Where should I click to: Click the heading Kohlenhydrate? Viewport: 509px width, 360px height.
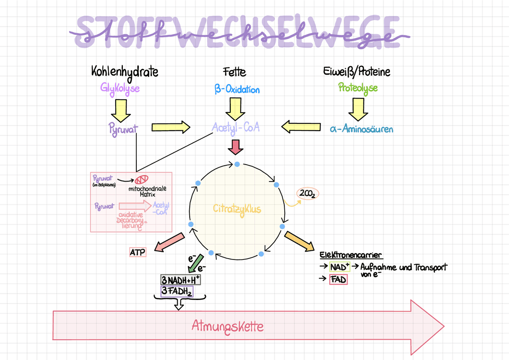tap(124, 72)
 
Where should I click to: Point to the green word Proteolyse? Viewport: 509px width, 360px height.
tap(358, 88)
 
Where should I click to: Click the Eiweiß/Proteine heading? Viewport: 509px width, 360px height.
tap(357, 72)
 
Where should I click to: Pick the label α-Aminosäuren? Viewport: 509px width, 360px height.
tap(361, 129)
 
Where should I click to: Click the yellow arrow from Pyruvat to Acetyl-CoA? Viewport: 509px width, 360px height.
tap(171, 127)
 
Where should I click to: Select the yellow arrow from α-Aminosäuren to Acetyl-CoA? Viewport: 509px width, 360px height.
tap(301, 127)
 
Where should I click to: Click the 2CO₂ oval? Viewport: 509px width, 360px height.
tap(308, 194)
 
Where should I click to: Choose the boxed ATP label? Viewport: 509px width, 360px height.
tap(138, 252)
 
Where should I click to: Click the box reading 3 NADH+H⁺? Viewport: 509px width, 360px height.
tap(181, 280)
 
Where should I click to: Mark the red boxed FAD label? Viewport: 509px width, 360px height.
tap(338, 280)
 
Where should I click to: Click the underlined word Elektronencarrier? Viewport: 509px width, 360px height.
tap(351, 255)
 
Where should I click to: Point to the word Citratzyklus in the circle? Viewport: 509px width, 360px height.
tap(237, 208)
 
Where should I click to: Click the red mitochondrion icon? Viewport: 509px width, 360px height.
tap(142, 179)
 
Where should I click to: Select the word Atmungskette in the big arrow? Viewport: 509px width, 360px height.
tap(227, 326)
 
